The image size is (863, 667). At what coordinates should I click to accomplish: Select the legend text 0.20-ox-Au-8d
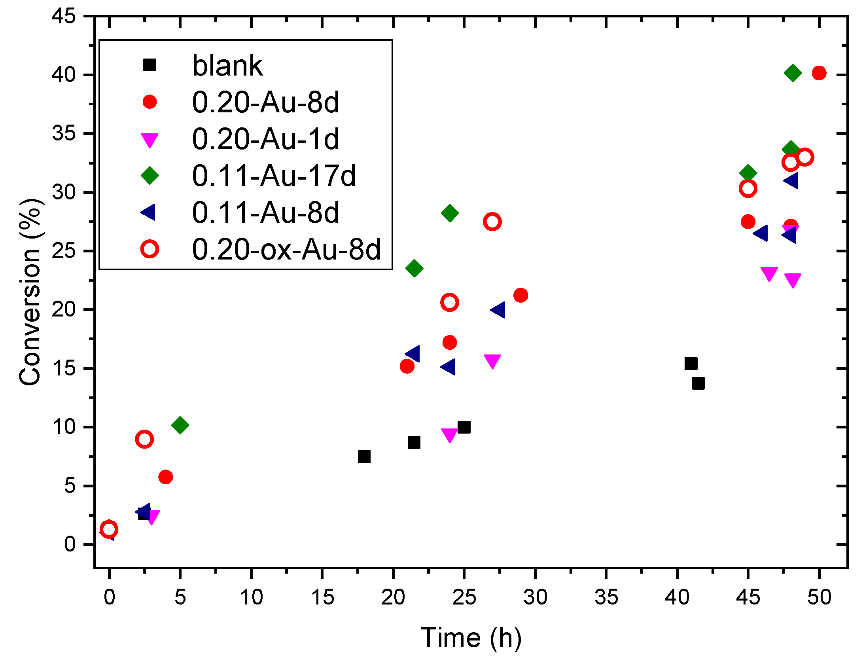(286, 249)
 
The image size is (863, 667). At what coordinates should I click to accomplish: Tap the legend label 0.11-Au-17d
(274, 176)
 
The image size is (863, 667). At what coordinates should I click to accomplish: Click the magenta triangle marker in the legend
(150, 140)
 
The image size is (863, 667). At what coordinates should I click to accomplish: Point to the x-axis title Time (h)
(471, 638)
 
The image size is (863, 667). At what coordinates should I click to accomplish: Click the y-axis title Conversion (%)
(30, 292)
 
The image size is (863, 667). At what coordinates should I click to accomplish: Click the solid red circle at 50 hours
(819, 73)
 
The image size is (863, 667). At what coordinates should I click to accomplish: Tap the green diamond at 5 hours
(180, 425)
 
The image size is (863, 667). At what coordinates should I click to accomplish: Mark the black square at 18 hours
(364, 457)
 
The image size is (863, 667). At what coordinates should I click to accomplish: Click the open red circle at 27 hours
(492, 222)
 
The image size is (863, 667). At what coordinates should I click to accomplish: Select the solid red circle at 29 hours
(520, 295)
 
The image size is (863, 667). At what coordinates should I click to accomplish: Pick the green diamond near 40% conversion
(793, 73)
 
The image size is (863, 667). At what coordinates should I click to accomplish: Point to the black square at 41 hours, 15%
(691, 364)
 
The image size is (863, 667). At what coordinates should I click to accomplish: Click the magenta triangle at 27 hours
(492, 360)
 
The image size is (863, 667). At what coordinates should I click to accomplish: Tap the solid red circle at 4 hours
(165, 477)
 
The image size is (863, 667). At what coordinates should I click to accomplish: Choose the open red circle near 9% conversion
(144, 440)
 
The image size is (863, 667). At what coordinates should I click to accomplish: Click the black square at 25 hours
(464, 427)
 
